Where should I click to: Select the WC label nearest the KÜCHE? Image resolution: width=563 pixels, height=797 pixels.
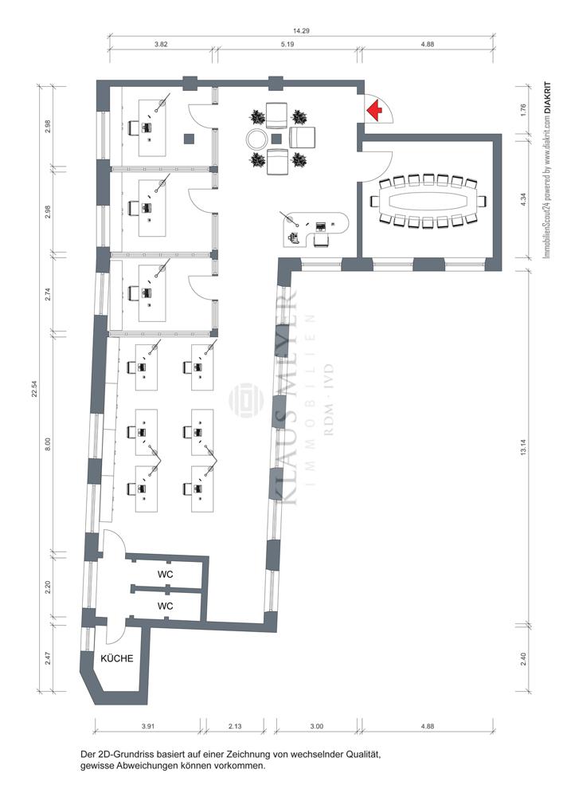click(x=166, y=606)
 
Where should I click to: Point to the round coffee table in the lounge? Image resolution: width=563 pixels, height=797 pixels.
click(x=257, y=138)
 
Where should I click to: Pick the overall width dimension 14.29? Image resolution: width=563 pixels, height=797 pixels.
click(x=301, y=30)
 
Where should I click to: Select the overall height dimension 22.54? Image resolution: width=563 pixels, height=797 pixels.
click(x=34, y=388)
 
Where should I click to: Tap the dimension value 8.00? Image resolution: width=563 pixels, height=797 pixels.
click(x=49, y=442)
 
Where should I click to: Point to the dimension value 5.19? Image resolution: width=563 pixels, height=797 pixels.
click(x=288, y=45)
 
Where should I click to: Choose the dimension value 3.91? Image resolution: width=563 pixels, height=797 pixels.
click(x=147, y=726)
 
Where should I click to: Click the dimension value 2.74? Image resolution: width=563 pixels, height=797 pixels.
click(x=49, y=292)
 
